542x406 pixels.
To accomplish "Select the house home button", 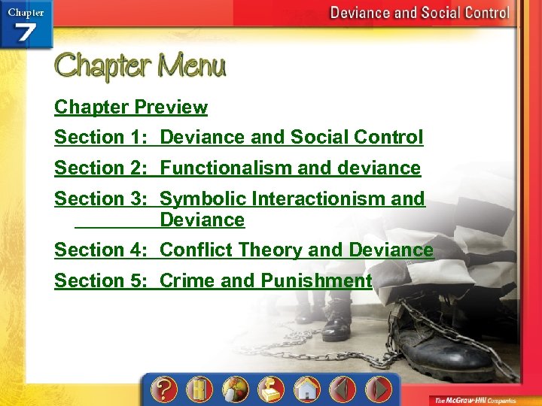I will (306, 389).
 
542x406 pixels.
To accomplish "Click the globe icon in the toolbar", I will (235, 389).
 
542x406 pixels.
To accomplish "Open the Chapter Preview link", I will (131, 108).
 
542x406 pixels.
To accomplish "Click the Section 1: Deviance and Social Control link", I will (239, 138).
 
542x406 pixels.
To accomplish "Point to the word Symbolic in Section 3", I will (203, 199).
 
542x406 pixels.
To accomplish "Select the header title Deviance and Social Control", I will (420, 13).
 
